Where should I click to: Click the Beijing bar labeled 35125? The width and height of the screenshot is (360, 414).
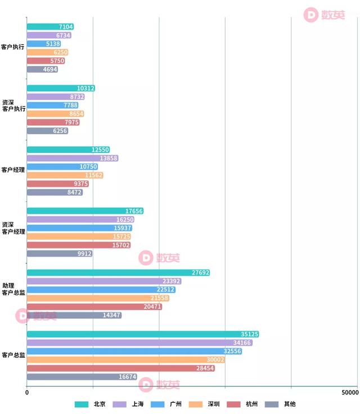pos(143,334)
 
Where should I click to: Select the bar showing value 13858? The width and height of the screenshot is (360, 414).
pos(73,159)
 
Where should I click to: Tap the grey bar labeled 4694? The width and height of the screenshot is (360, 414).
pos(42,70)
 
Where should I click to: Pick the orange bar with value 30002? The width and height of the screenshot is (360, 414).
pos(125,360)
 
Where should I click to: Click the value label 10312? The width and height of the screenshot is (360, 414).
pos(85,88)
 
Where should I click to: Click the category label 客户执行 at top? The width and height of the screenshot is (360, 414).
pos(12,47)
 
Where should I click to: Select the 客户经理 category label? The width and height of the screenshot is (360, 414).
pos(12,170)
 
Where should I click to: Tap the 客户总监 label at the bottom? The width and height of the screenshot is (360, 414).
pos(12,355)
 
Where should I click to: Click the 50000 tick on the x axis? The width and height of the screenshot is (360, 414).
pos(349,391)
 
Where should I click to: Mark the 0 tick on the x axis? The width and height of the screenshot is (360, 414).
pos(27,391)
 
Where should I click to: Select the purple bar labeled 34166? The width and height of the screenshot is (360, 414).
pos(139,343)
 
